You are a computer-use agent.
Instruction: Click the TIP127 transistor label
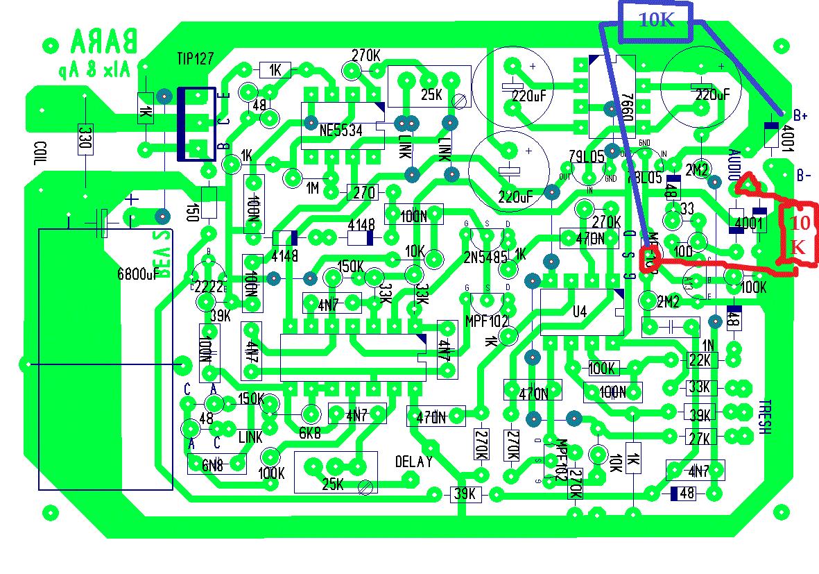(x=195, y=59)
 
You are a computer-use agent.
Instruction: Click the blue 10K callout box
(x=656, y=20)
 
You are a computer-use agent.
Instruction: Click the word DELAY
(x=414, y=462)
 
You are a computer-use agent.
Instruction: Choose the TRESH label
(x=765, y=416)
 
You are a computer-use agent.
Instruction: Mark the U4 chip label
(x=580, y=313)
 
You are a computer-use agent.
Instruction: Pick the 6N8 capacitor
(x=215, y=466)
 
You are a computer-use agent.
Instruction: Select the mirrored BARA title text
(x=104, y=43)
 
